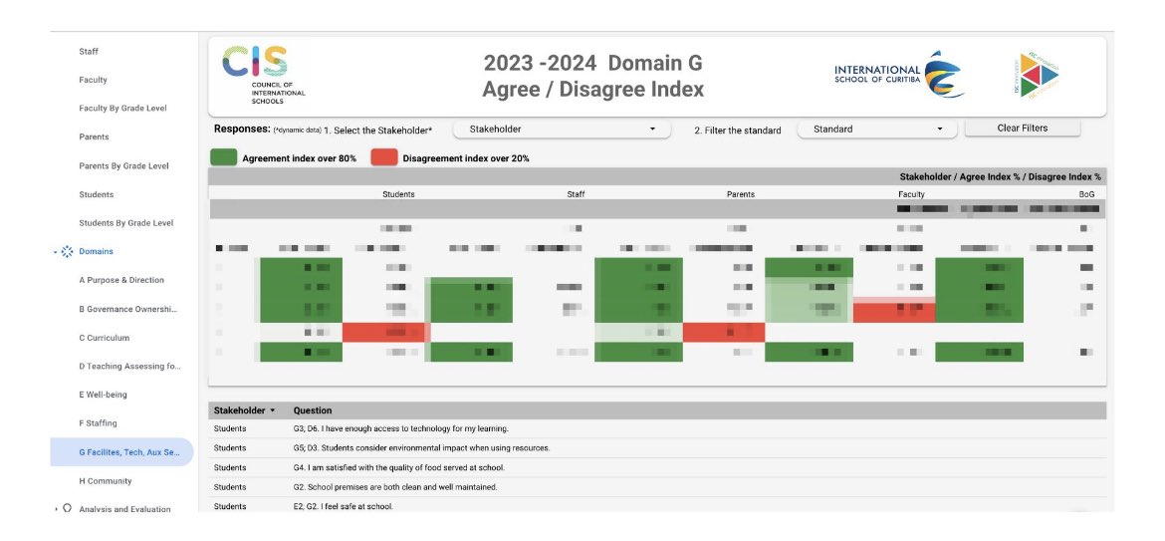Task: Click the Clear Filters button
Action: tap(1022, 129)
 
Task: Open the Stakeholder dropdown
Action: tap(563, 130)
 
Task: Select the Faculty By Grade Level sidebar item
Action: tap(122, 108)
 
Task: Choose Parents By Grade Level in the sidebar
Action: tap(123, 165)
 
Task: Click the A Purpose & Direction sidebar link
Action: tap(121, 280)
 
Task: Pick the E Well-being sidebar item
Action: tap(104, 395)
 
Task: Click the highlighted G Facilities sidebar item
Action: tap(122, 452)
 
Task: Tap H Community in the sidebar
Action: tap(106, 481)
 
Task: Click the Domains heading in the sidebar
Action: tap(97, 251)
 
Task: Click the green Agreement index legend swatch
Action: tap(224, 157)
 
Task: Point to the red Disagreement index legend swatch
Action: tap(384, 157)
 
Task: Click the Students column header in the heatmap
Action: tap(398, 194)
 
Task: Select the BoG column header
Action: tap(1086, 194)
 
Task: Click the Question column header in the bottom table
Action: tap(313, 410)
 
